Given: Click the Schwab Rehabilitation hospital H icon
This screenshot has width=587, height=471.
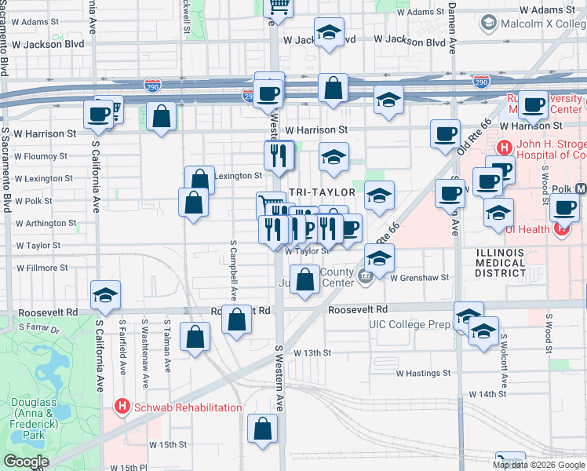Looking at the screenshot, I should [122, 407].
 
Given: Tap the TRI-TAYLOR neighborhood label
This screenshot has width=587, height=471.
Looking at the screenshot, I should [323, 192].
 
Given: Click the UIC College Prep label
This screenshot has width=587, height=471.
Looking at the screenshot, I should [410, 323].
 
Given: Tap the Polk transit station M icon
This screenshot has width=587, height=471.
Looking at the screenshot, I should [581, 189].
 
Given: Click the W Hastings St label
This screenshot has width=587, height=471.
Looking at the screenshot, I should [426, 374].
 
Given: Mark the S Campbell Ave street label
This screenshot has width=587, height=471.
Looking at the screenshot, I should [234, 268].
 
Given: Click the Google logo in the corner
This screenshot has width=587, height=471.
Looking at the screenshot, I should [27, 461].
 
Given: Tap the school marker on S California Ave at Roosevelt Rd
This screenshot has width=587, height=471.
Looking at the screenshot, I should [106, 295].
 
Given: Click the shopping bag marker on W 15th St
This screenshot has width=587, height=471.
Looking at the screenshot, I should [263, 429].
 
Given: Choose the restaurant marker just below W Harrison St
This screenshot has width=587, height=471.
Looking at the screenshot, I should [279, 155].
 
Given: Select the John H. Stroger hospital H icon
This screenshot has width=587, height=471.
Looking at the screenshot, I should [503, 147].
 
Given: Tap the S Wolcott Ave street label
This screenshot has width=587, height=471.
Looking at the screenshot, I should [503, 354].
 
